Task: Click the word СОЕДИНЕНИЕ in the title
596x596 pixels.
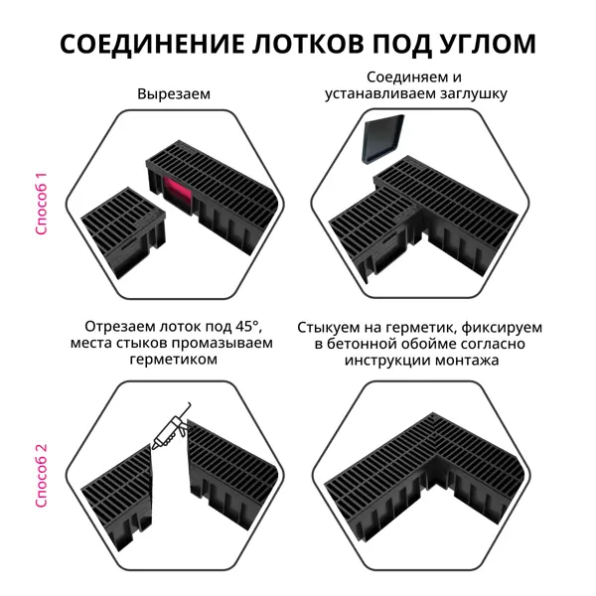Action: pos(152,44)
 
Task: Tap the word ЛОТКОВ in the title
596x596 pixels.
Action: pos(307,44)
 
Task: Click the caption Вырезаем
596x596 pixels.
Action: pos(174,94)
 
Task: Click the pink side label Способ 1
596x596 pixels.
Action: pos(41,204)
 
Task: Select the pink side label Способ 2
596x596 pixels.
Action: pos(41,475)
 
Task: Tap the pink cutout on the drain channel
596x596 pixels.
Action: pos(177,194)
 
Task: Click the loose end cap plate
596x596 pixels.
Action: pos(382,140)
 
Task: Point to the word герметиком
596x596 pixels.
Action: pos(173,360)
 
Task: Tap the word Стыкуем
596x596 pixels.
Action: pos(326,327)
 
